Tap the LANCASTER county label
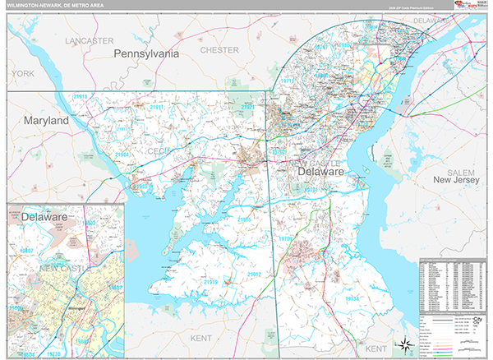90,39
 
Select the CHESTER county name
219,50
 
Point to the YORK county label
22,73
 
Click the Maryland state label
46,120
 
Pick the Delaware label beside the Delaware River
321,173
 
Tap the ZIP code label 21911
156,108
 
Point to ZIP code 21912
253,275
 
